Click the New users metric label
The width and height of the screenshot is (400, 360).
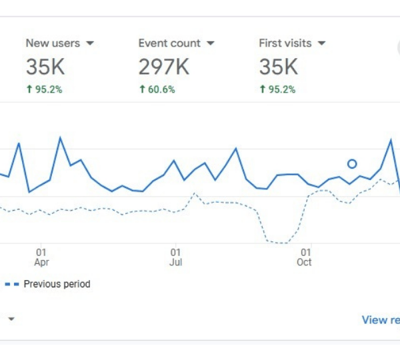click(x=53, y=43)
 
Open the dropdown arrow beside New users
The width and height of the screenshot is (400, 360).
click(x=90, y=43)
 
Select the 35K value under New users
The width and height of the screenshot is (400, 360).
click(x=45, y=67)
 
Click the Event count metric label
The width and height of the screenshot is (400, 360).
click(x=169, y=43)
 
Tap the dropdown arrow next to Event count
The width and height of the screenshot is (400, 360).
click(x=211, y=43)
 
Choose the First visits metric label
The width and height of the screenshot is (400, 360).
click(x=285, y=43)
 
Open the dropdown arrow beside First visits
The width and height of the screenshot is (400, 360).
click(x=321, y=43)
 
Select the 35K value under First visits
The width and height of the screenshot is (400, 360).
click(x=278, y=67)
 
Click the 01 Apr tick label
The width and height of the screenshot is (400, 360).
click(x=41, y=257)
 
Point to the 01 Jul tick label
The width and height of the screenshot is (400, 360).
click(x=175, y=257)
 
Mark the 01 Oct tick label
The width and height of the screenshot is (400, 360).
click(x=305, y=257)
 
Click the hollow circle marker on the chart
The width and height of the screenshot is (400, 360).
click(x=352, y=164)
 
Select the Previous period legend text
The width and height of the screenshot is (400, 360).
click(x=57, y=284)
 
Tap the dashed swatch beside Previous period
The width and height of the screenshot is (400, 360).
click(x=12, y=284)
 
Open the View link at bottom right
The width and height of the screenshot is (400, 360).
click(x=381, y=320)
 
